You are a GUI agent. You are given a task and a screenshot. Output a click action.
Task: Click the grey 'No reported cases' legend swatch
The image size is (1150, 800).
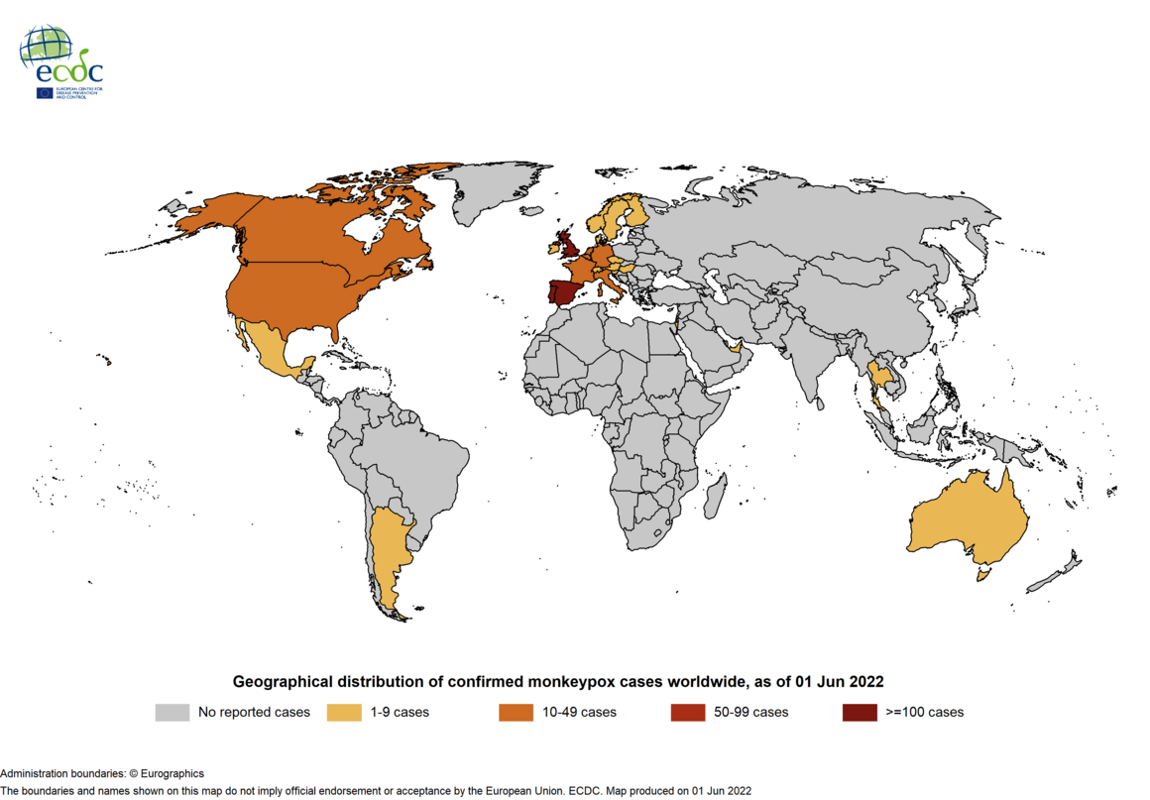pyautogui.click(x=172, y=712)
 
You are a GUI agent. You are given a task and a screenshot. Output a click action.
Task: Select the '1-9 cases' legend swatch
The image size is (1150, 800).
pyautogui.click(x=344, y=712)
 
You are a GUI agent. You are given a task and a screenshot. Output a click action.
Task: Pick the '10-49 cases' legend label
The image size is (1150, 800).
pyautogui.click(x=579, y=712)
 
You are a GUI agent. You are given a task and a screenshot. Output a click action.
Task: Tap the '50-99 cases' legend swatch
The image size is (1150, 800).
pyautogui.click(x=688, y=712)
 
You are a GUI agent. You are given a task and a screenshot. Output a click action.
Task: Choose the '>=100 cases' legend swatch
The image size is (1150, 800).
pyautogui.click(x=860, y=712)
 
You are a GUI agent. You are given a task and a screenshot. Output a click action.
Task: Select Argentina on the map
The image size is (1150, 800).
pyautogui.click(x=388, y=555)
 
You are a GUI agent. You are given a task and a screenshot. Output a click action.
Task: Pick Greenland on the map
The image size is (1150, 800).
pyautogui.click(x=486, y=193)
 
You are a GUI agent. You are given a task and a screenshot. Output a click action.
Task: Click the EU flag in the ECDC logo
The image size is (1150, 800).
pyautogui.click(x=45, y=93)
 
